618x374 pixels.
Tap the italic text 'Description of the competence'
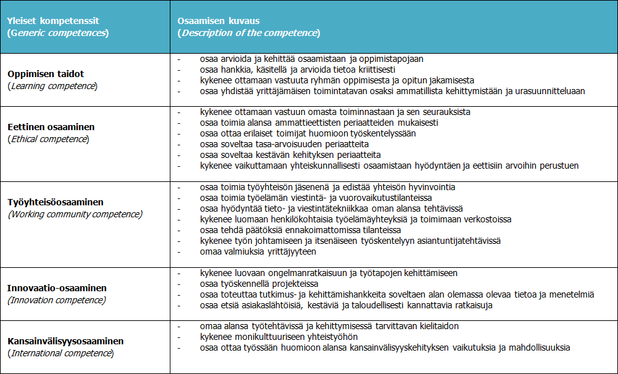(x=249, y=33)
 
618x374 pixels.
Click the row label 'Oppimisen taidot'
(x=46, y=74)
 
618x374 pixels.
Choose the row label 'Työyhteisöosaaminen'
(x=56, y=202)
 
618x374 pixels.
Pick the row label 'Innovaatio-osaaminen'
(x=57, y=288)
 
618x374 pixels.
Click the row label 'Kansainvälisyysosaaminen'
(x=66, y=341)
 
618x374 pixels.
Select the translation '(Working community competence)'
(x=75, y=214)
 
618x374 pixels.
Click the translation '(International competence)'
(x=61, y=353)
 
